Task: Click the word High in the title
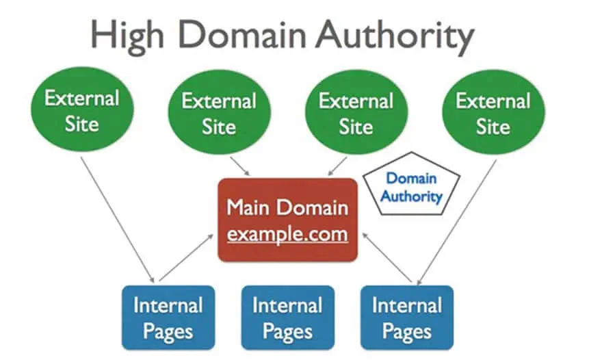127,36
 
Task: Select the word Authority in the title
395,36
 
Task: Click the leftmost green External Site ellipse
82,110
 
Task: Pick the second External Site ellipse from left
219,112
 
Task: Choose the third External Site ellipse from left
356,112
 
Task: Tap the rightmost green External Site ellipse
493,112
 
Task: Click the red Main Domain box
287,220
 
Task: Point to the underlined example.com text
287,234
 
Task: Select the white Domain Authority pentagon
411,183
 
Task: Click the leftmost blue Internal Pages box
168,318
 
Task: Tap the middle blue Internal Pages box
287,318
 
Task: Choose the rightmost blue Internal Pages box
407,318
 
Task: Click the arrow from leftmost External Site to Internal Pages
117,220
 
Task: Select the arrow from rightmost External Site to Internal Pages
457,222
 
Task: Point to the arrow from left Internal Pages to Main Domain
186,258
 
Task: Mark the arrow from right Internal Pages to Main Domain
387,258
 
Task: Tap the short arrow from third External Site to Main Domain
337,166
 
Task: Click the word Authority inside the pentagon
411,196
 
